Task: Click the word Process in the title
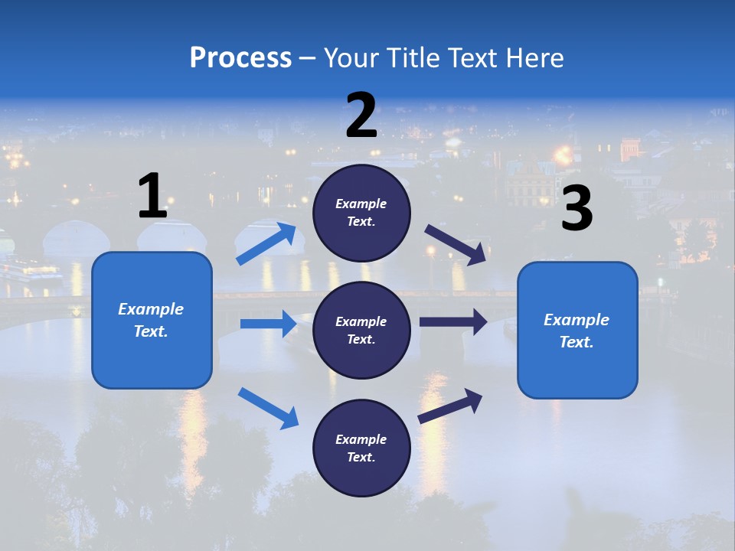[240, 58]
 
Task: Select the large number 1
[152, 197]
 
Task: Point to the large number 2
[361, 116]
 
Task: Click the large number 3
[577, 209]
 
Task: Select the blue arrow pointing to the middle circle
[268, 324]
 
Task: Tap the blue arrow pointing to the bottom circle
[268, 408]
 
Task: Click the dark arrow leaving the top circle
[456, 244]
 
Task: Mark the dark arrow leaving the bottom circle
[450, 406]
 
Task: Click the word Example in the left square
[151, 309]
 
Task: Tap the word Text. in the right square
[577, 342]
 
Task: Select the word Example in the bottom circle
[361, 439]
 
